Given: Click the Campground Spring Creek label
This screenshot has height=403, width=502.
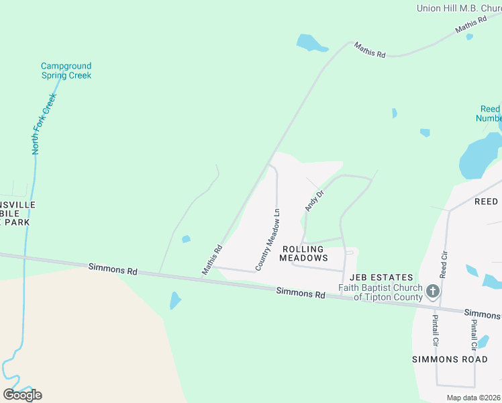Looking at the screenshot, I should point(66,71).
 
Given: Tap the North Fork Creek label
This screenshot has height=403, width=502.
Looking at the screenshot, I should point(44,124).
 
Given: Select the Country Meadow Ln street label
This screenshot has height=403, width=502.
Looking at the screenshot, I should point(267,240).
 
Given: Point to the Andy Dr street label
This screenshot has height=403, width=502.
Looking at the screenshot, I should point(315,200).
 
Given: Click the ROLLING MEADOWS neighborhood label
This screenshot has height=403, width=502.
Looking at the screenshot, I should point(303,253).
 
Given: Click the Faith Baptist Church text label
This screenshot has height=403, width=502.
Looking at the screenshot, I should point(380,293).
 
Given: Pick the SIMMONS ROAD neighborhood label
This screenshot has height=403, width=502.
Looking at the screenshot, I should point(449,359).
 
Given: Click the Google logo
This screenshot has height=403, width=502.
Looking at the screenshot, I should point(22,395).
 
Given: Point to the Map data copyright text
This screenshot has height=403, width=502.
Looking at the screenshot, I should point(474,398).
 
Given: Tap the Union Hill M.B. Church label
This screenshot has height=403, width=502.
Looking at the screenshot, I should point(458,8).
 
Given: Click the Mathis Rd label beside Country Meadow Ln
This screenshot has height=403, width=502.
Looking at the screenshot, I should point(213,259).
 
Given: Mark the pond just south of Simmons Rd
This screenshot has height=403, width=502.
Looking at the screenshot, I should point(174,300).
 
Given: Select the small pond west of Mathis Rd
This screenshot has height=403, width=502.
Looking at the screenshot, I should point(186,238).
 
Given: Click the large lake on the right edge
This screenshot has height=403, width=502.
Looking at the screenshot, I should point(480,156).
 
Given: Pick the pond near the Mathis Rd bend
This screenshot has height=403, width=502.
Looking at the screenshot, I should point(311,44).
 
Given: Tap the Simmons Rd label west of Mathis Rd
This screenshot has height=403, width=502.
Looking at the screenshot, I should point(113,269).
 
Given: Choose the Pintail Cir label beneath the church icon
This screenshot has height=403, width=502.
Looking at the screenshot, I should point(435,331).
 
